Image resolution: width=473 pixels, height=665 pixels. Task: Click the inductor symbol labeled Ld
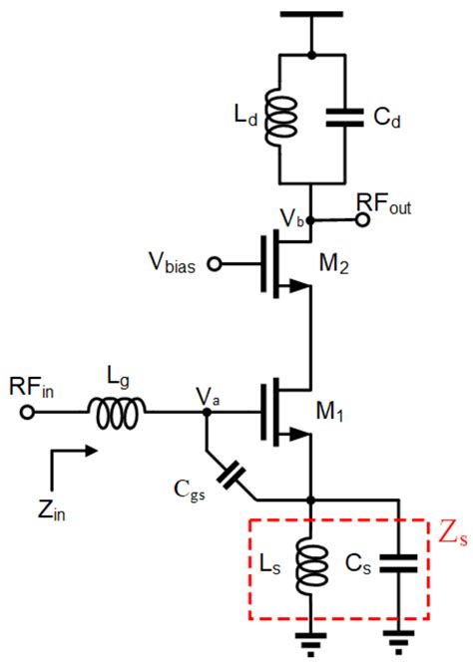click(x=283, y=119)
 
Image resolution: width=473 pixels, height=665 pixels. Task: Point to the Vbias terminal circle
click(x=212, y=265)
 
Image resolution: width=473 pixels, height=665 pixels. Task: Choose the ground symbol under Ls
click(x=311, y=641)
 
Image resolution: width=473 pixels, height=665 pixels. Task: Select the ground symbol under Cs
click(x=400, y=641)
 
